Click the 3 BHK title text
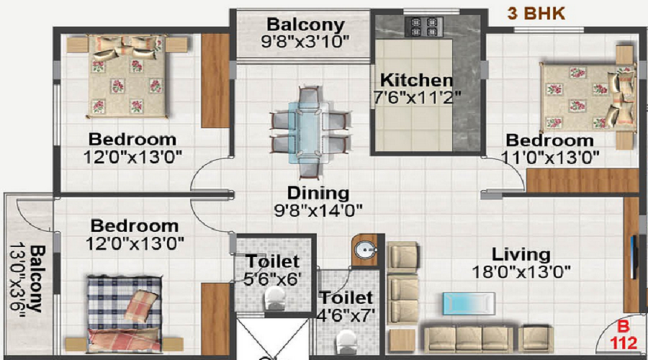coord(536,14)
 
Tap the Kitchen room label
coord(417,80)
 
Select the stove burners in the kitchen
coord(424,27)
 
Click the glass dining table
coord(309,132)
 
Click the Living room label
coord(521,253)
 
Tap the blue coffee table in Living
coord(469,304)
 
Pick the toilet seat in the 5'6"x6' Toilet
coord(275,298)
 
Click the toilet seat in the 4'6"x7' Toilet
coord(346,342)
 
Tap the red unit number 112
coord(624,343)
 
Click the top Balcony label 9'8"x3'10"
coord(305,32)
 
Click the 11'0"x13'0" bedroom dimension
coord(550,158)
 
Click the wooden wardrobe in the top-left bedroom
coord(215,81)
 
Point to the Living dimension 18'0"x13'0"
coord(521,272)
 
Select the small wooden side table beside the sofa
coord(402,341)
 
